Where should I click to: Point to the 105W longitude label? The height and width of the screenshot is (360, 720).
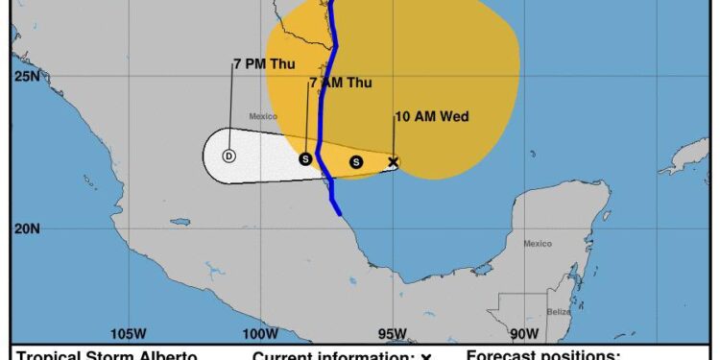tap(128, 334)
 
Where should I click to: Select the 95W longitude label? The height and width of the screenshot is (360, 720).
tap(392, 334)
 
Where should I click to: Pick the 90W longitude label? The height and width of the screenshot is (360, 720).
tap(523, 334)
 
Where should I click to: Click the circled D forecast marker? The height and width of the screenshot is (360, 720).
tap(228, 156)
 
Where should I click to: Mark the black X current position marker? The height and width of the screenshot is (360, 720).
tap(393, 162)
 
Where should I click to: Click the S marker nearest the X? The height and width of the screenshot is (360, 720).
tap(356, 162)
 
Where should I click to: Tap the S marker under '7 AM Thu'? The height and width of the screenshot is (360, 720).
tap(305, 158)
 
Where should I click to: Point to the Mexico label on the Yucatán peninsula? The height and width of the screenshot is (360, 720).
tap(538, 244)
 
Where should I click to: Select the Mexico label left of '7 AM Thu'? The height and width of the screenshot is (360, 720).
tap(263, 116)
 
